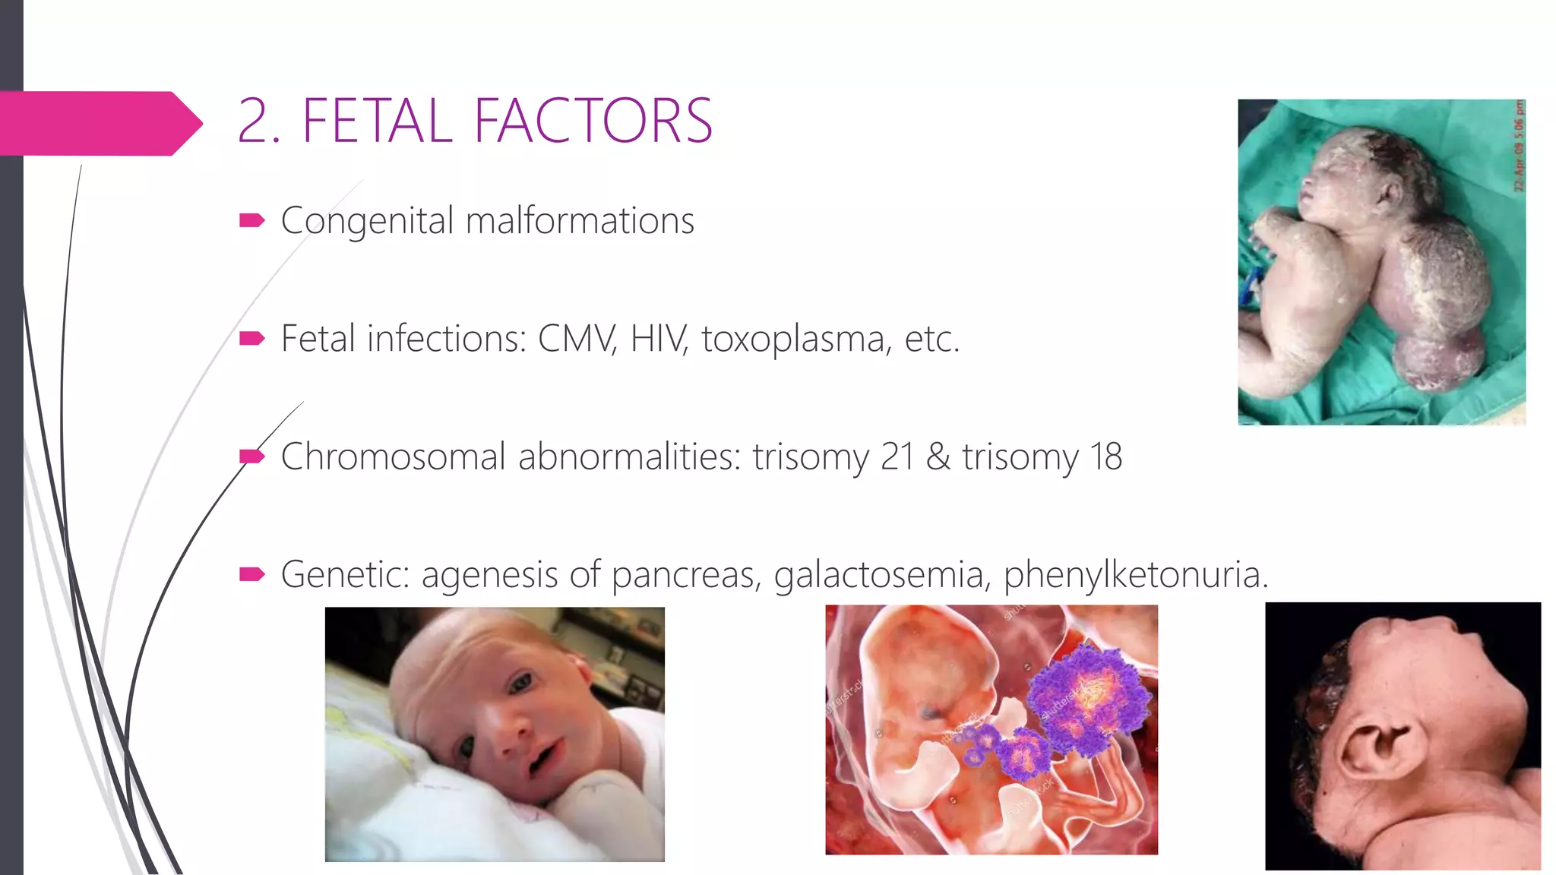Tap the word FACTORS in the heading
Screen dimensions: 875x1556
(593, 121)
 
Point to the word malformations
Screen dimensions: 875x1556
(580, 221)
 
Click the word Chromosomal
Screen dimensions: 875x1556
(393, 456)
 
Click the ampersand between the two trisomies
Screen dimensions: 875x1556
(938, 456)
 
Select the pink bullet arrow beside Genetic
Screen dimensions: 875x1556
(251, 574)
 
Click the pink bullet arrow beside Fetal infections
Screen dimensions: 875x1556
(251, 339)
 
